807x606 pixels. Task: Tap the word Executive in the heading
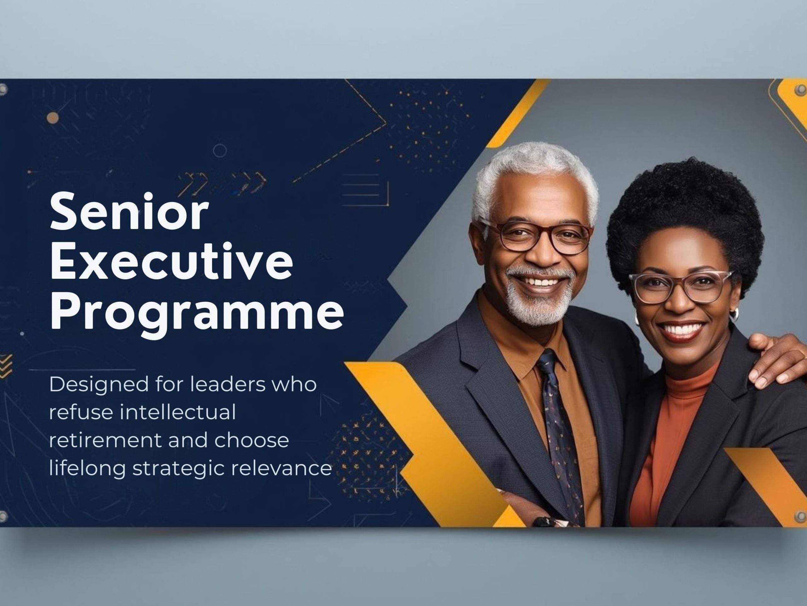pyautogui.click(x=171, y=261)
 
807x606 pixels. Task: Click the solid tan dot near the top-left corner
pyautogui.click(x=53, y=117)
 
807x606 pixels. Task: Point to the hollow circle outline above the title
pyautogui.click(x=220, y=150)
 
